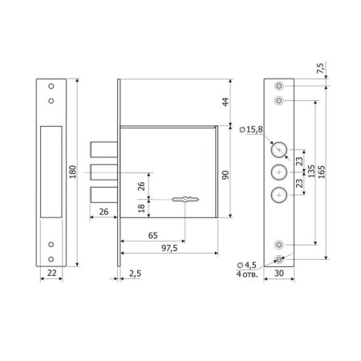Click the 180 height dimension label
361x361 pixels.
tap(72, 172)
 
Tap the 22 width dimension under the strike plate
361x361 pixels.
tap(51, 273)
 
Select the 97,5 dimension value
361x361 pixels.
tap(169, 248)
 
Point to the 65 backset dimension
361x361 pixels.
tap(152, 236)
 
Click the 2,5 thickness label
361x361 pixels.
tap(135, 274)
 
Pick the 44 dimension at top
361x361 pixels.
tap(225, 102)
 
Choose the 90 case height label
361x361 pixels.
tap(225, 175)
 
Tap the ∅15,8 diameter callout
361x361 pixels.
tap(251, 130)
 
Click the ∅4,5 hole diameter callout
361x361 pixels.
tap(247, 265)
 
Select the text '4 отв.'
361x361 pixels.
tap(247, 274)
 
